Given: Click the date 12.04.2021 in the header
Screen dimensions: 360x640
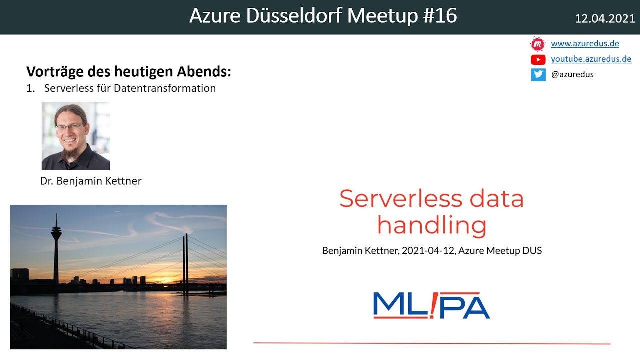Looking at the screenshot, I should (x=605, y=19).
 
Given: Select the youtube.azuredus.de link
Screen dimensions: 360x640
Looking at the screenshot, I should (x=591, y=59).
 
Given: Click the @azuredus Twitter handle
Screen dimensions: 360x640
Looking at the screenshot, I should (x=572, y=75).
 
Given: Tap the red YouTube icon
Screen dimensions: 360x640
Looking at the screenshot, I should (x=538, y=60).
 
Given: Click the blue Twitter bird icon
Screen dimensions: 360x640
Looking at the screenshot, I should (x=538, y=75).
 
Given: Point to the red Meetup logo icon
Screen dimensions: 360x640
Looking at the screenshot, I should (x=538, y=44).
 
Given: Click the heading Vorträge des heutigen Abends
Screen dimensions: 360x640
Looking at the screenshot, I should (x=129, y=72).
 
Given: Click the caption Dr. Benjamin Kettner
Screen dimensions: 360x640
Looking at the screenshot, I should (x=91, y=181).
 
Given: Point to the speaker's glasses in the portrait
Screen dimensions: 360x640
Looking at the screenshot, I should (x=69, y=127).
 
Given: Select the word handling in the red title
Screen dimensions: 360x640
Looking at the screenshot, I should (x=431, y=225).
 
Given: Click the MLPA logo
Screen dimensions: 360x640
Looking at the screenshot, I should (x=431, y=305).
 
